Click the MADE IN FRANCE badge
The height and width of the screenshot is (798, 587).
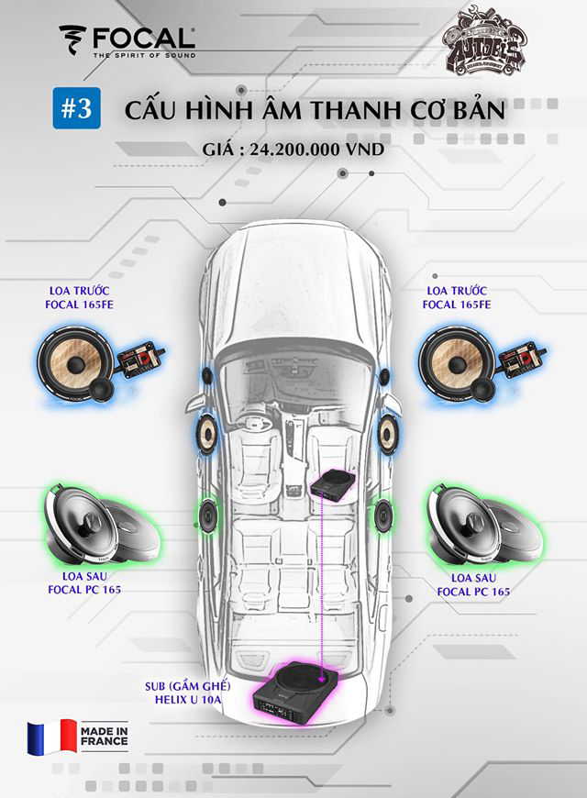tap(104, 737)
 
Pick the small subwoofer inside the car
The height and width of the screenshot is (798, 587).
tap(331, 486)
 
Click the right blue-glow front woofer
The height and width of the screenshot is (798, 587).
tap(456, 363)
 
